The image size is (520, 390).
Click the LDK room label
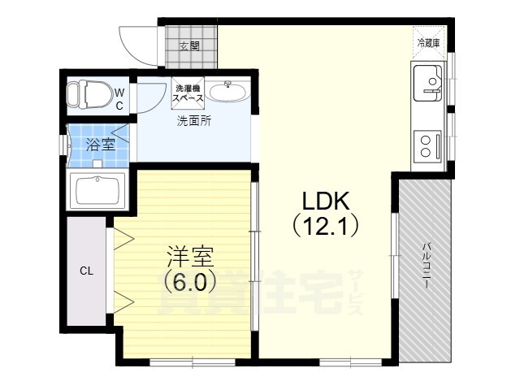pos(325,201)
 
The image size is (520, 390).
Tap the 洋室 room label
pos(189,257)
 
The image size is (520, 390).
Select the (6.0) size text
pos(190,282)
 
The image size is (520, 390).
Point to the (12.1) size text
pos(325,227)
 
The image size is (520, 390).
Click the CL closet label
pos(87,271)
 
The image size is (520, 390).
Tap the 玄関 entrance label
pos(189,46)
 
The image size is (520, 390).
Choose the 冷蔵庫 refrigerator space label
pos(428,43)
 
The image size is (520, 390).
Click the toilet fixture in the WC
pos(89,95)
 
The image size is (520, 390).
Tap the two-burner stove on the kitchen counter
pos(428,146)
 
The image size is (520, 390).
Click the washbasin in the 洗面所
pos(227,92)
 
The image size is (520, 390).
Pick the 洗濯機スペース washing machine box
pos(188,93)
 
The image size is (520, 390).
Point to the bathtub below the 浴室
pos(97,191)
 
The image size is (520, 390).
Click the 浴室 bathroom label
pos(101,145)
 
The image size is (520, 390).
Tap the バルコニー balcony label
pos(427,266)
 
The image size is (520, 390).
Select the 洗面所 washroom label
pos(193,121)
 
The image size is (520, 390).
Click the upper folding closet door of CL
pos(123,238)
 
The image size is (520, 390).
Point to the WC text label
pos(119,99)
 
